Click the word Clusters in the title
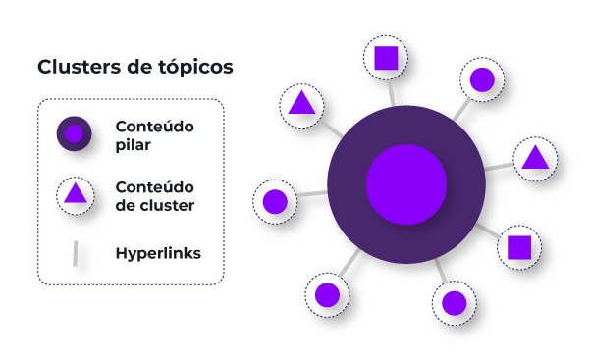point(75,68)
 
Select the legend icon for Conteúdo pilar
point(74,133)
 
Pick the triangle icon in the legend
point(75,193)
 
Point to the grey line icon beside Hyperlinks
point(75,253)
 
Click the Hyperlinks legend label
point(158,253)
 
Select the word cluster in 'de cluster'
point(168,206)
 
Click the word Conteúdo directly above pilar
point(154,127)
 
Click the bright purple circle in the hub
point(406,183)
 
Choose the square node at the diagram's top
point(386,59)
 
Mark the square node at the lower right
point(518,247)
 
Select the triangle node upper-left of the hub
point(301,103)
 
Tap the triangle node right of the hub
point(534,157)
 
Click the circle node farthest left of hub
point(275,202)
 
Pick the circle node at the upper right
point(482,79)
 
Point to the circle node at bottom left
point(326,294)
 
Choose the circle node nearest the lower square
point(454,303)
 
